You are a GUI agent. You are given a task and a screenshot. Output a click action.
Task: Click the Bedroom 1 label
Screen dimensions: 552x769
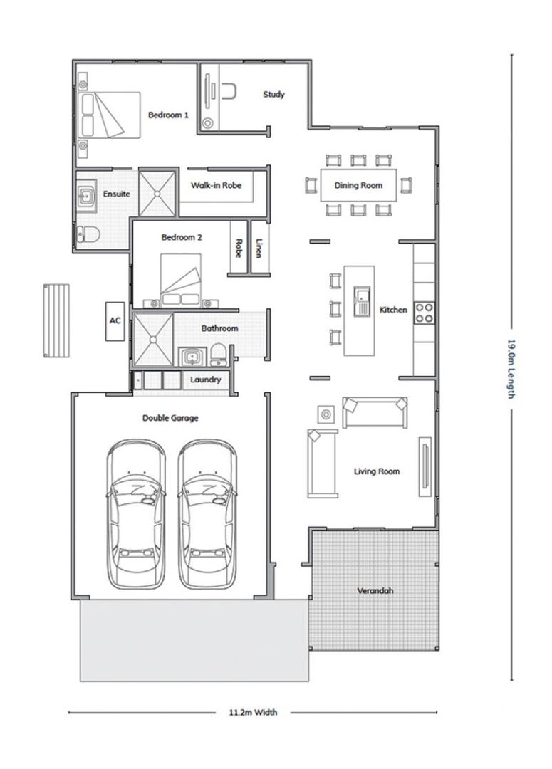point(168,115)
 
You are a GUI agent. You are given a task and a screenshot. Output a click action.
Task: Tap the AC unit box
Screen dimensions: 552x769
point(115,320)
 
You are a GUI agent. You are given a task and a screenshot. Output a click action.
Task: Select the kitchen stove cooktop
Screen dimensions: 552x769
point(424,313)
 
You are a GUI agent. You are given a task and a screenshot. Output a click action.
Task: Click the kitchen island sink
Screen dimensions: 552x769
point(362,301)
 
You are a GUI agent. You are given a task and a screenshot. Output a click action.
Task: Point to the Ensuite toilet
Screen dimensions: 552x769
point(88,234)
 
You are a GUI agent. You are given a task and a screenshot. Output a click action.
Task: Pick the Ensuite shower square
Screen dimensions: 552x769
point(157,193)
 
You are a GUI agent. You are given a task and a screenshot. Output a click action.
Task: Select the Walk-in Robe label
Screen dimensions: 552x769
point(217,185)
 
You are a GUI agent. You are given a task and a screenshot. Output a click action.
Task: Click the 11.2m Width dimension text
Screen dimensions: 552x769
point(253,712)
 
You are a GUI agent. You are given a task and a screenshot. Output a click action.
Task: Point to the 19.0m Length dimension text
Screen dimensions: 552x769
point(511,368)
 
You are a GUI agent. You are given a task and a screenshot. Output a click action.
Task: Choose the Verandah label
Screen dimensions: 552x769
point(375,590)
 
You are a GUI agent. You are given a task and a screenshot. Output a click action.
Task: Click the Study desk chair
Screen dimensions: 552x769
point(229,92)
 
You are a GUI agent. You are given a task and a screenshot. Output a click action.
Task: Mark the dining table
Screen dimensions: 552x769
point(358,185)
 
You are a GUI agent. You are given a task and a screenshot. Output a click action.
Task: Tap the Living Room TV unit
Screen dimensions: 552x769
point(425,466)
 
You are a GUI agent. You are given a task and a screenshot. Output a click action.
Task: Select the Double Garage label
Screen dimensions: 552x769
point(170,418)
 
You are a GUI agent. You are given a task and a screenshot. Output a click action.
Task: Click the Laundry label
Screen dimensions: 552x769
point(206,379)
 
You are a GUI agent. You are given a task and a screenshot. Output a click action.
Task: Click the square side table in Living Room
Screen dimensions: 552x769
point(326,414)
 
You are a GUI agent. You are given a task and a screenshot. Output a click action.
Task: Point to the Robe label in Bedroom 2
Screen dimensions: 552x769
point(239,249)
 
